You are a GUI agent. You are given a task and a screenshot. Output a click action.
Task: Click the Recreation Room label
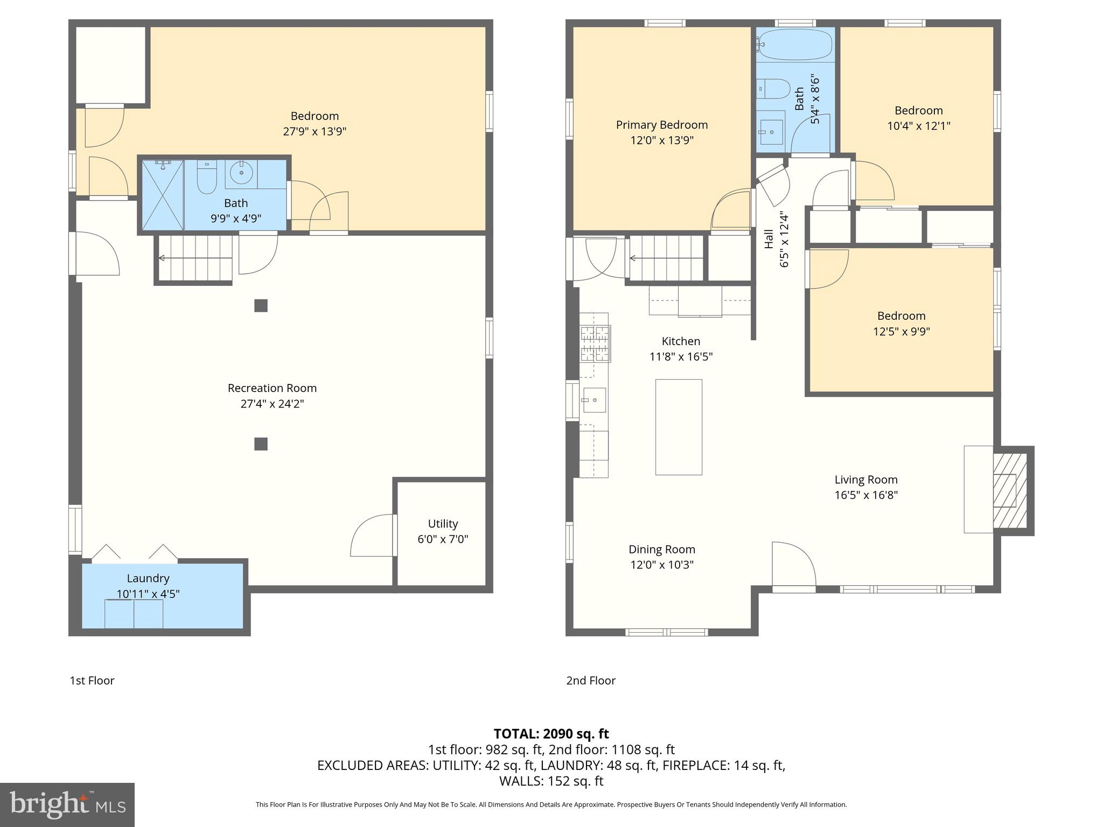272,388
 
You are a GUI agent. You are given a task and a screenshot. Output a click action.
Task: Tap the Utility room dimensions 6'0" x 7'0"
443,539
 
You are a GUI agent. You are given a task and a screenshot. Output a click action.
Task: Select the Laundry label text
148,578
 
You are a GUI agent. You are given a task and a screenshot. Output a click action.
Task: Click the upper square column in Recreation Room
261,306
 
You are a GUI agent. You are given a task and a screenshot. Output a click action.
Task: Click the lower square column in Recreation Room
261,444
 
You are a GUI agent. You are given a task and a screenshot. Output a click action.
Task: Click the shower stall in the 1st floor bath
163,194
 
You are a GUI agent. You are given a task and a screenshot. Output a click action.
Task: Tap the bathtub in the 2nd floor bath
795,44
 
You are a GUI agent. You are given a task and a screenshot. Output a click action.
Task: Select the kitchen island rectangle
679,427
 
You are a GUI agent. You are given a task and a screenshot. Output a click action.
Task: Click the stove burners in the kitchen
595,344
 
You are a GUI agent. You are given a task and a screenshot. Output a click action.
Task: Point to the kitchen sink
594,400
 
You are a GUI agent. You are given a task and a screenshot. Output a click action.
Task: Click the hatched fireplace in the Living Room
1009,490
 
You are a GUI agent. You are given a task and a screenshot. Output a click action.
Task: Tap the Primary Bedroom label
661,125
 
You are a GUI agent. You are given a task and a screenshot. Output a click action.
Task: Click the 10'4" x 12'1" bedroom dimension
918,126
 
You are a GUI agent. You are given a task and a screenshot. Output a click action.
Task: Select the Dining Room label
661,549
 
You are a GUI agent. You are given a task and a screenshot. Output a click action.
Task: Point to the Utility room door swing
373,536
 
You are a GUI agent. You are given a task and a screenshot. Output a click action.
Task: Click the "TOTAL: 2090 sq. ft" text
551,734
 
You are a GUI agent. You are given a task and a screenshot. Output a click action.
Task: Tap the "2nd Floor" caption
590,681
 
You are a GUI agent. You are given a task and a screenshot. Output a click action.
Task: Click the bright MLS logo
67,804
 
